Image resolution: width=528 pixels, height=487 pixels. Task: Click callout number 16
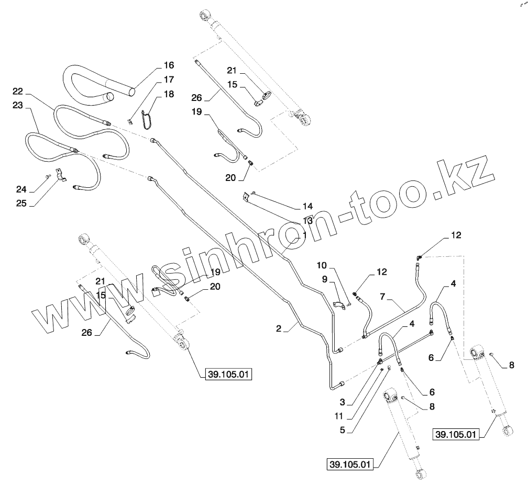coord(168,65)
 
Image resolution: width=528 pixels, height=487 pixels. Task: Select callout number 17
coord(168,80)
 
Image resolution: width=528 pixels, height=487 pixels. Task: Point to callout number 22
coord(18,91)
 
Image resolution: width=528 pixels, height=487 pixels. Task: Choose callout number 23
coord(18,105)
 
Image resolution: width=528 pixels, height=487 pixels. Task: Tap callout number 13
coord(307,221)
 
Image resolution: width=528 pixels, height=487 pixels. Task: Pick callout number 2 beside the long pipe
coord(279,329)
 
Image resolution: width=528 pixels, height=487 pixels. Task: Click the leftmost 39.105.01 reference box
coord(230,374)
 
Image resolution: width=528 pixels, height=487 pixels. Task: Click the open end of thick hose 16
coord(109,97)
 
